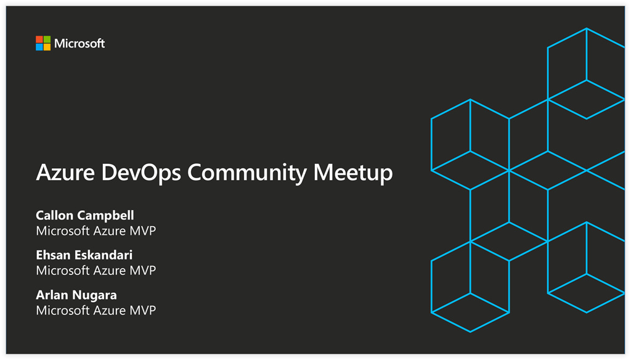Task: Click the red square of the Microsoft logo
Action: pos(39,39)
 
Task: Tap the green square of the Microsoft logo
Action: pos(47,39)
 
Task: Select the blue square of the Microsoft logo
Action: pos(39,47)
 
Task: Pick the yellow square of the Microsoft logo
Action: pos(47,47)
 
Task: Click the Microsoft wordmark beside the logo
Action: pos(79,44)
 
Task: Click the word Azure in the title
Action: pos(65,173)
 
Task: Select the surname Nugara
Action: pos(94,295)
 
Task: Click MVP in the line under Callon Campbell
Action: pos(142,231)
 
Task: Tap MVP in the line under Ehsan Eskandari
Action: pos(142,271)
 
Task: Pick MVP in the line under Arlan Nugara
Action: pos(142,311)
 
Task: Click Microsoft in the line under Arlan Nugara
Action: pos(63,311)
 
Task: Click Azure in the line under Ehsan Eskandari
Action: pos(110,271)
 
